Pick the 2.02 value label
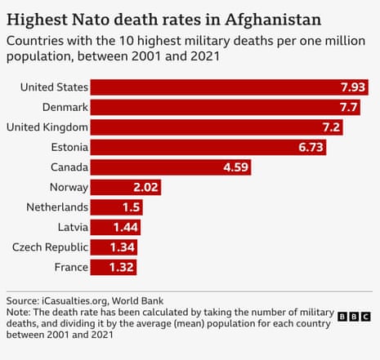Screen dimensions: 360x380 pos(145,187)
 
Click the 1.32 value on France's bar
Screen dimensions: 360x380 pos(121,267)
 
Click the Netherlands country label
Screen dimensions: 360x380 pos(54,207)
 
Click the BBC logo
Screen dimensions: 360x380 pos(354,316)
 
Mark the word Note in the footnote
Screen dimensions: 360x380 pos(18,313)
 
